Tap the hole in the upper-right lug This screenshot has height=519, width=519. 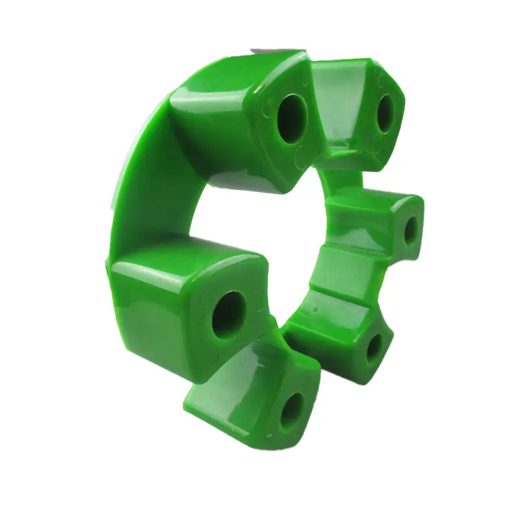385,112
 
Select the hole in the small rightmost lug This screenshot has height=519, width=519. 411,230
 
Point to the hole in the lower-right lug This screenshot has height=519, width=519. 374,348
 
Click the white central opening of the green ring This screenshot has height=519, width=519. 259,214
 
